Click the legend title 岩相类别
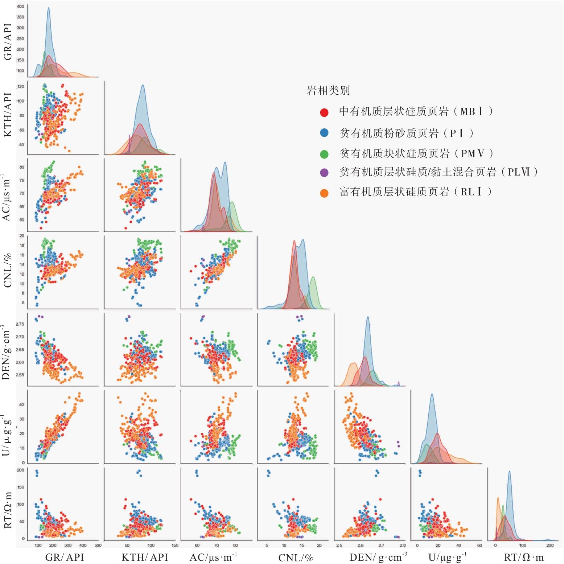click(x=328, y=90)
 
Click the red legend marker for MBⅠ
click(x=324, y=112)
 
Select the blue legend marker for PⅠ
click(x=324, y=133)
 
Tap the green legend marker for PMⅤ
click(x=324, y=154)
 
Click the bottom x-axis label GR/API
click(x=64, y=557)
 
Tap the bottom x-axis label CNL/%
click(x=295, y=557)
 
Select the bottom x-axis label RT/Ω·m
click(x=526, y=557)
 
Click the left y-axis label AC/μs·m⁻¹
click(x=8, y=198)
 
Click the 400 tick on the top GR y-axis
click(x=21, y=6)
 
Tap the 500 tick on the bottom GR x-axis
click(x=98, y=545)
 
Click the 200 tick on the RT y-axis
click(x=21, y=470)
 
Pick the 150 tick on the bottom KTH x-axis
click(x=174, y=545)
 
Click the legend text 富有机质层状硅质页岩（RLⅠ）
click(x=416, y=192)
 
